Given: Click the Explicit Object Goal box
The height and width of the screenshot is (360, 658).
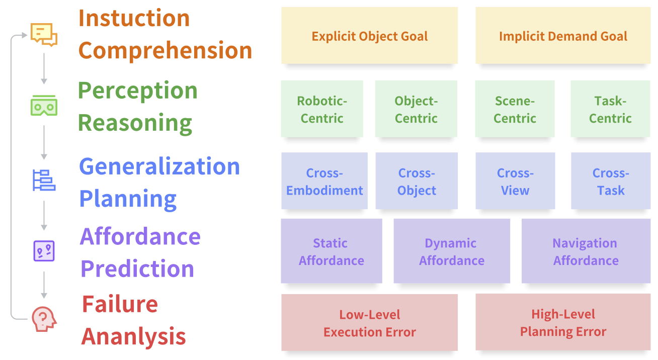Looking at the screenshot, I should (x=369, y=36).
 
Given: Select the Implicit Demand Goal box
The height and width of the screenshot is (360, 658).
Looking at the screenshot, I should (x=562, y=36).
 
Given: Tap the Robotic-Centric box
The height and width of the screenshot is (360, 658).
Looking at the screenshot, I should (x=322, y=109).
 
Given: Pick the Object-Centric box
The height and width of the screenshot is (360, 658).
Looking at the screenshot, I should (x=416, y=109).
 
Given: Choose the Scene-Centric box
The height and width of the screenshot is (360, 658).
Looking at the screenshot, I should (x=515, y=109).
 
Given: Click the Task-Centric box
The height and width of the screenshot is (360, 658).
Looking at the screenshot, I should (x=610, y=109).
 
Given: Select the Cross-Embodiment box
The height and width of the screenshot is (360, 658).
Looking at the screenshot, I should (x=324, y=181).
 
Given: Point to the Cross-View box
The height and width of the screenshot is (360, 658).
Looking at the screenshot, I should (x=515, y=181).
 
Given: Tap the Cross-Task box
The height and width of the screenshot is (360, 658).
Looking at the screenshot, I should (x=611, y=181).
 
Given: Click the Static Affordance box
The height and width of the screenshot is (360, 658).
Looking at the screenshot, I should (x=331, y=251).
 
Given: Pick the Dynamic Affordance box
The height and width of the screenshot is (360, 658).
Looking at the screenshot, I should (x=451, y=251).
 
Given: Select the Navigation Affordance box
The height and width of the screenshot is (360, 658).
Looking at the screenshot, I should (x=586, y=251).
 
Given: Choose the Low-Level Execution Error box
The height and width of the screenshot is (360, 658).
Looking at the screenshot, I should (x=369, y=323).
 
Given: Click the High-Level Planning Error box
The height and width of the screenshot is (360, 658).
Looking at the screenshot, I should (x=562, y=323).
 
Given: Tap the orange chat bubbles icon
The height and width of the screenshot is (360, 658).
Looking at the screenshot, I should (x=44, y=34).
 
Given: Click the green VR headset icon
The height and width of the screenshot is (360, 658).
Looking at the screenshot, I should (x=44, y=106).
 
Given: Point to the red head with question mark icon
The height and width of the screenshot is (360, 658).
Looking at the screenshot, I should (x=44, y=319).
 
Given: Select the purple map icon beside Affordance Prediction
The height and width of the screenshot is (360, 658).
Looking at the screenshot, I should (x=44, y=250).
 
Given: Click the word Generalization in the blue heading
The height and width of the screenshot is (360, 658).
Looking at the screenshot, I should (x=159, y=166).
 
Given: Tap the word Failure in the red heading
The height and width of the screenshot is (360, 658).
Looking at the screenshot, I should (x=120, y=304).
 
